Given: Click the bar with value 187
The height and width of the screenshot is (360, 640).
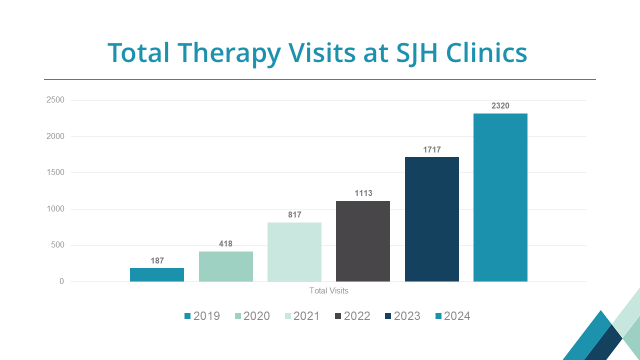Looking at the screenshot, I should [157, 274].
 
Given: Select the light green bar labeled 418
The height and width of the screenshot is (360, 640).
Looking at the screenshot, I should [225, 266].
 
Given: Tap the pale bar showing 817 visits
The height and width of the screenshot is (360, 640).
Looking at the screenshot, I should [294, 252].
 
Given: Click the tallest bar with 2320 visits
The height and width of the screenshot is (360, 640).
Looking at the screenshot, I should [500, 197].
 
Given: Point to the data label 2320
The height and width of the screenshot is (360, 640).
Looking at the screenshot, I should [500, 106].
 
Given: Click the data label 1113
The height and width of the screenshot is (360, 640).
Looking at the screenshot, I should [363, 193].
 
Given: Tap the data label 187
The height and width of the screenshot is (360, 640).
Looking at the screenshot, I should [157, 260].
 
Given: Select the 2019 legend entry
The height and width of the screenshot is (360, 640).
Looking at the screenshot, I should [202, 316].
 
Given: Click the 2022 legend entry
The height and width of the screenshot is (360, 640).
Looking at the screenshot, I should [352, 316].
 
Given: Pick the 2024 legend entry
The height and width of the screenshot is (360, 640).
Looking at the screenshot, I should [452, 316].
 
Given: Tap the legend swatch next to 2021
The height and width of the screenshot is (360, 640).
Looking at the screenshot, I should [288, 316].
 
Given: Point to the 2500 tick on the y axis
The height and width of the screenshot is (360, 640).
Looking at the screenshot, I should [55, 100].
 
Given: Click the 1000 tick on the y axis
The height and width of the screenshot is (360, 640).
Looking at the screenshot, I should [55, 209].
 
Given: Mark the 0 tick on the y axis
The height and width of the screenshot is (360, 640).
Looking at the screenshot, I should [61, 281].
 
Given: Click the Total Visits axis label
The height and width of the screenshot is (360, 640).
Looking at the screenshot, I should [328, 290].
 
